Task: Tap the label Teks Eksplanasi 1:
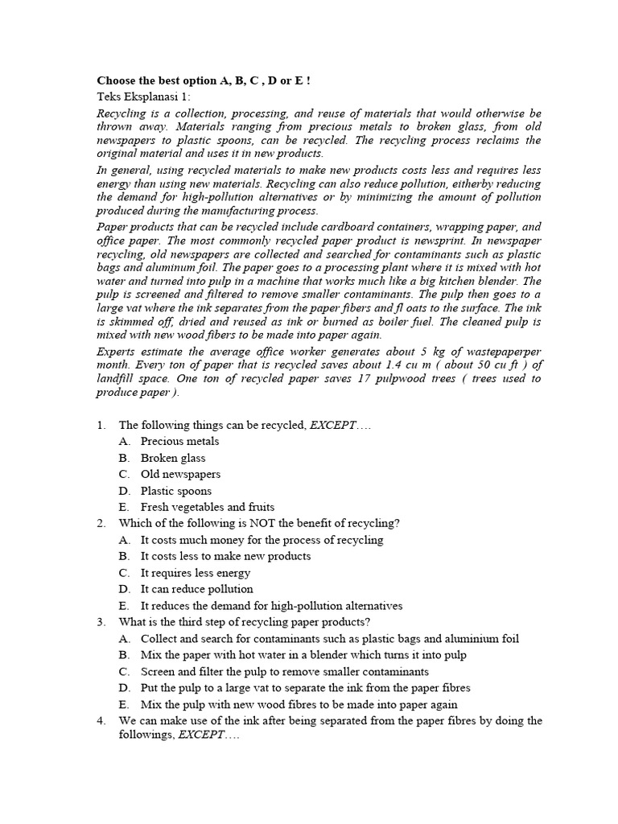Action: [x=144, y=97]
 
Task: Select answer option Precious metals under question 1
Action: [x=179, y=441]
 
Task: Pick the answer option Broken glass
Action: [x=173, y=458]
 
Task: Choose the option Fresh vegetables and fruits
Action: [x=208, y=507]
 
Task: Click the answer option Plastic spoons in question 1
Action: [x=176, y=491]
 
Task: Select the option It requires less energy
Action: [x=196, y=573]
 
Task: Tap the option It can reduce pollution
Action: [x=197, y=589]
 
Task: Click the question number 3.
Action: [x=101, y=622]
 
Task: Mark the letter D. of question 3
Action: [x=124, y=688]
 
